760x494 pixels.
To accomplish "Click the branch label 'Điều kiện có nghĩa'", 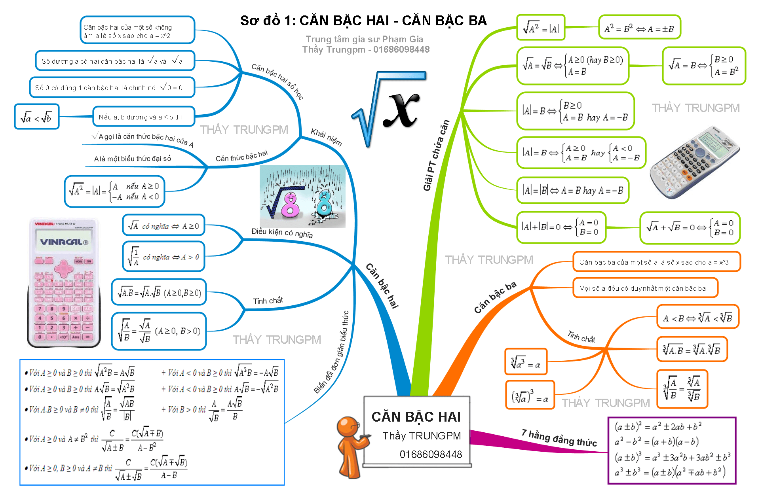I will [282, 233].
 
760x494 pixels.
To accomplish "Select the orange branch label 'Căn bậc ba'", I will [495, 297].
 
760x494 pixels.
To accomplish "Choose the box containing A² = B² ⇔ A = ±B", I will [639, 27].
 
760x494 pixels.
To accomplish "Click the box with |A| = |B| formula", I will [572, 190].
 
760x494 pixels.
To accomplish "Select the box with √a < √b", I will [36, 117].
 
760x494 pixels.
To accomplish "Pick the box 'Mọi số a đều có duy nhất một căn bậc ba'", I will [645, 288].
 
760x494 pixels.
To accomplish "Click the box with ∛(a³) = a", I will [526, 362].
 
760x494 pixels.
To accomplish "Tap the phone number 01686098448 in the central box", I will [431, 454].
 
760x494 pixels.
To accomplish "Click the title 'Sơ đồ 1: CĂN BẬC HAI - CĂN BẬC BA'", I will [363, 21].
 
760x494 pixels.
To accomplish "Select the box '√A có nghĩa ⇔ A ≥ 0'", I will [163, 226].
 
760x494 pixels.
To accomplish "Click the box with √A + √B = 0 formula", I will [690, 228].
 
